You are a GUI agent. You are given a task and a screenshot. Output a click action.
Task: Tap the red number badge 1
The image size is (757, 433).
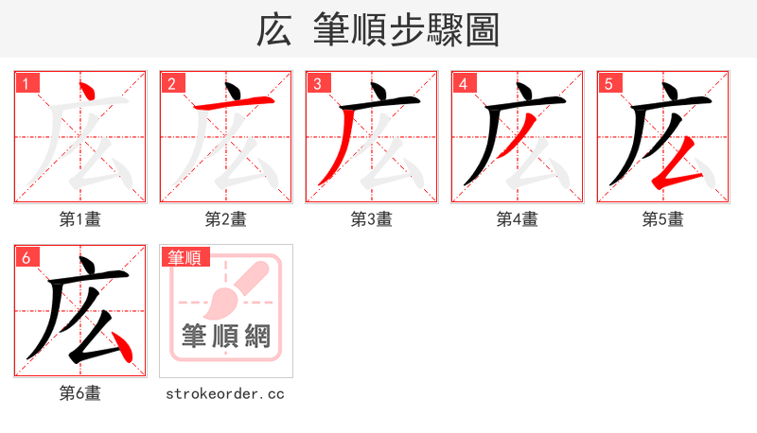coord(26,84)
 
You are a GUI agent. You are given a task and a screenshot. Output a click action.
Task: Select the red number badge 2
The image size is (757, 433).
coord(171,84)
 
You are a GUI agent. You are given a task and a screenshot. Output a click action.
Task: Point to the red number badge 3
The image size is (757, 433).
coord(317,84)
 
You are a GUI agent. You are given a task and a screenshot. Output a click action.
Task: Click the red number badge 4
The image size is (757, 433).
coord(463,84)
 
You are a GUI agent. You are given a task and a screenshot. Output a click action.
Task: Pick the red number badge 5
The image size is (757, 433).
coord(608,84)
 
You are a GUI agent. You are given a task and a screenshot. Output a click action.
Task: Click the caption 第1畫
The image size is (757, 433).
coord(80,219)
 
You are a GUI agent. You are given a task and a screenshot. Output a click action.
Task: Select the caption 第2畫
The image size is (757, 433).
coord(226,219)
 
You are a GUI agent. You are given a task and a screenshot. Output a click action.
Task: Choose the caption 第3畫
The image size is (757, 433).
coord(372,219)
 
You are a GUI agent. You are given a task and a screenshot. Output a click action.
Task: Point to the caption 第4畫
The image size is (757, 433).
coord(518,219)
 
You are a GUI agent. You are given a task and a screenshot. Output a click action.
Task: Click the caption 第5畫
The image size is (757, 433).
coord(663,219)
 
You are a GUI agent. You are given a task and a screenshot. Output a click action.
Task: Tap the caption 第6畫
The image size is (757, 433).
coord(80,393)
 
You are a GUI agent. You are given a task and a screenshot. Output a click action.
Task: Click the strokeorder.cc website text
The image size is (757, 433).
coord(225,393)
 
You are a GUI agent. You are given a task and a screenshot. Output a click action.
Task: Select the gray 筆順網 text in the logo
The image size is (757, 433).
coord(226,336)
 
